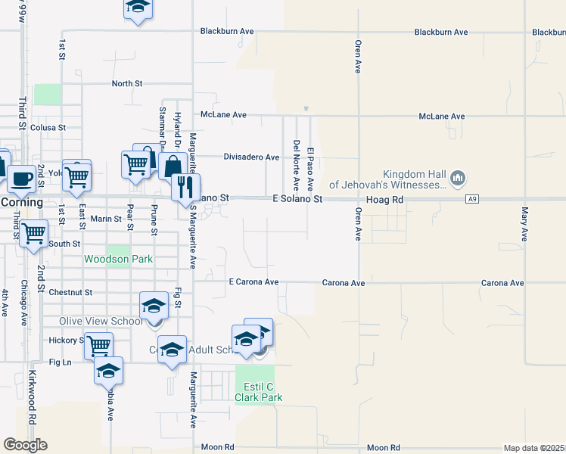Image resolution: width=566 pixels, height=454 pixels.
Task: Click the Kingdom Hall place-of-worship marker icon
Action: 457,179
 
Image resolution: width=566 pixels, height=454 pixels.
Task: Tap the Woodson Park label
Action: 118,260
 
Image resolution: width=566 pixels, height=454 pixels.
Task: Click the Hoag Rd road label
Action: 387,199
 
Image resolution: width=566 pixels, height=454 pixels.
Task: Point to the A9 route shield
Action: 473,199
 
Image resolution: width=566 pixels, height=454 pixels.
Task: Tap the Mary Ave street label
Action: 524,224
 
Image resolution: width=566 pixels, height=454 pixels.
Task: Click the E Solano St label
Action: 297,199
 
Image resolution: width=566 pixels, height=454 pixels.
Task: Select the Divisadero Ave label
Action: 251,157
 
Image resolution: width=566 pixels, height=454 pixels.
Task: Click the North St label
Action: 127,83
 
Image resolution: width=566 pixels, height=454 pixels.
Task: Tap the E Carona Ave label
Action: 253,282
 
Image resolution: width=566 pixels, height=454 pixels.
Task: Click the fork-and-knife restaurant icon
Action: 185,186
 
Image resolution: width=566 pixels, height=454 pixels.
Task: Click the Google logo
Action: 25,445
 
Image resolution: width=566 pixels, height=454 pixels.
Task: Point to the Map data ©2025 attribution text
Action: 533,448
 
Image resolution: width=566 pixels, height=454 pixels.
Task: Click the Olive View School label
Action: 100,322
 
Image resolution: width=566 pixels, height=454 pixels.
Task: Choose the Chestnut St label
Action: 70,292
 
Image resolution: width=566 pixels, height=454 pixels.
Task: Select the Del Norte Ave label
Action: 296,165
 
